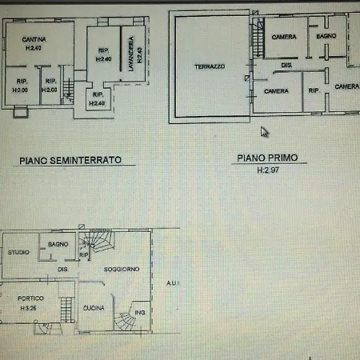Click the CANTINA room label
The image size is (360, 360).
(33, 39)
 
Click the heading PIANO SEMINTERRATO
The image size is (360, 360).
(70, 160)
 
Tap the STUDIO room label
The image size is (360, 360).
(19, 253)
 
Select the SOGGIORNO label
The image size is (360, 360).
(122, 270)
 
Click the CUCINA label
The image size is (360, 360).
(94, 308)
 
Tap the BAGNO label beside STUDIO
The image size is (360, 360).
(57, 244)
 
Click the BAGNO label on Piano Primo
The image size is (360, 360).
(325, 37)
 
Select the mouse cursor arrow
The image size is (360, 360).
(265, 133)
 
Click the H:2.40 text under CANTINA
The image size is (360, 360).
(33, 48)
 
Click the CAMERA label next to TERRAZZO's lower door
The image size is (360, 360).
(276, 91)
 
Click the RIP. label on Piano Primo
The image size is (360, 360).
(314, 91)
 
